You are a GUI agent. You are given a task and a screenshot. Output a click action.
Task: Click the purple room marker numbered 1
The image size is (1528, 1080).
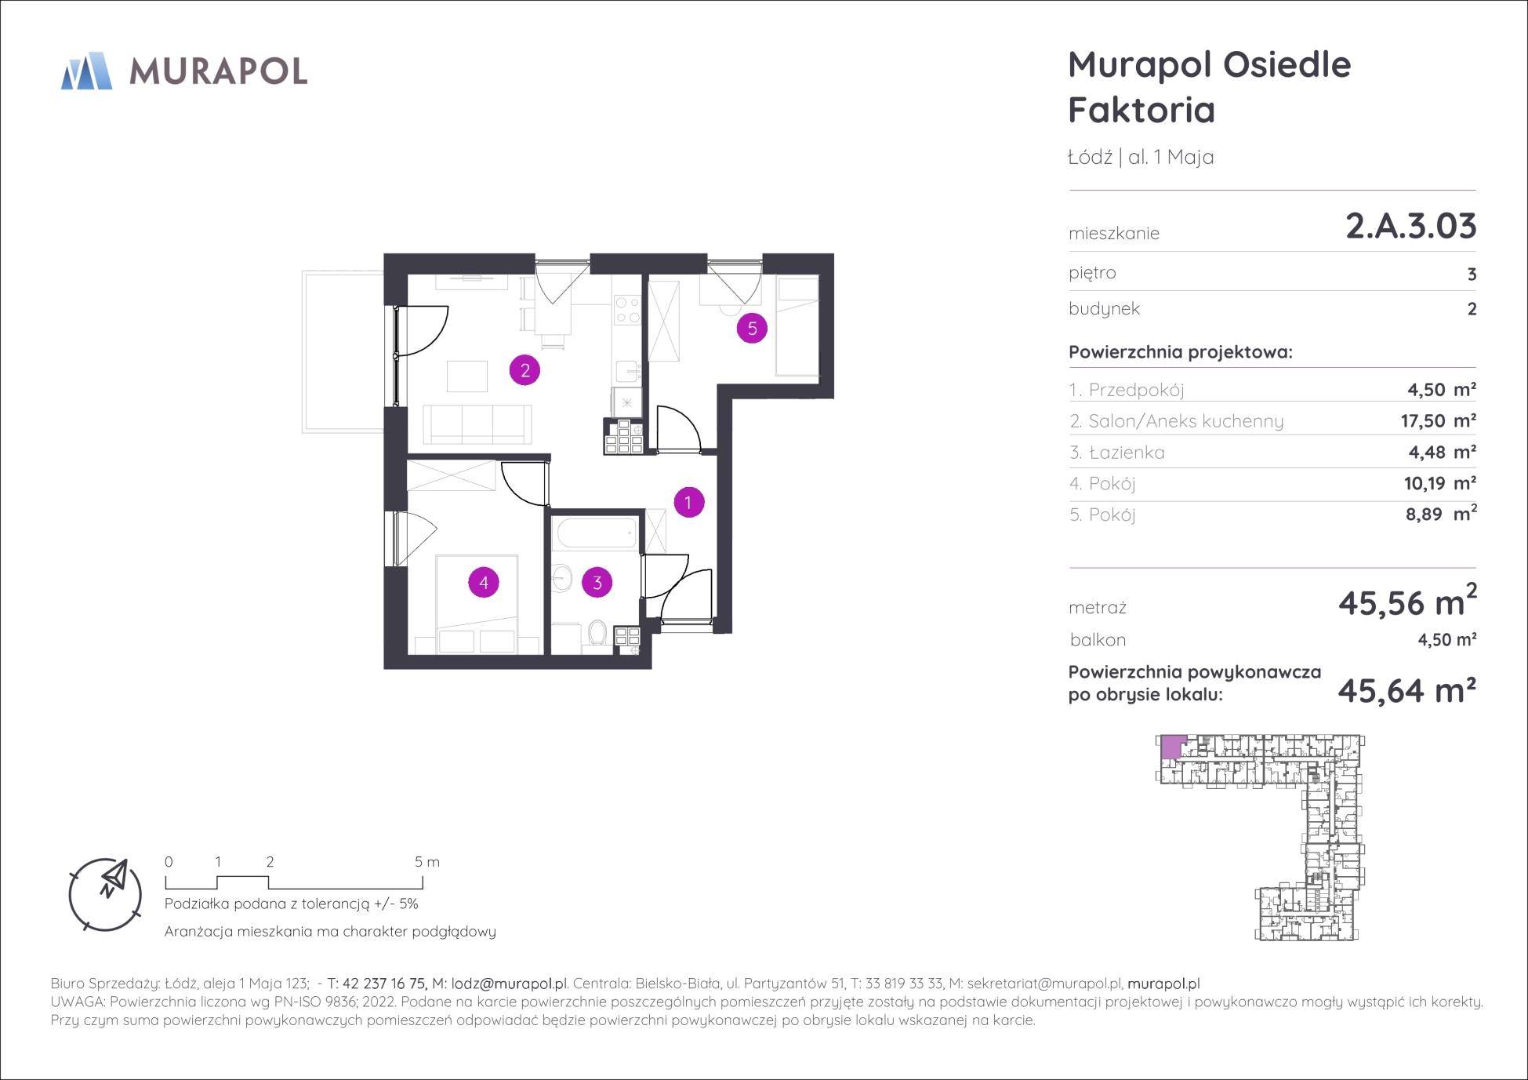tap(688, 502)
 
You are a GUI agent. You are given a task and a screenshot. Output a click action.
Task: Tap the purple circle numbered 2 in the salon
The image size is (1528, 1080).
tap(524, 370)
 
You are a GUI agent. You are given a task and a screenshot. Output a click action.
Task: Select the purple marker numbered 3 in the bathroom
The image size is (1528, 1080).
tap(597, 583)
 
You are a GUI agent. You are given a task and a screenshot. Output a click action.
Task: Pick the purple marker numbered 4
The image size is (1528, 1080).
tap(483, 583)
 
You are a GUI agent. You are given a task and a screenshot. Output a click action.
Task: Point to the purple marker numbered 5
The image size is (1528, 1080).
tap(752, 328)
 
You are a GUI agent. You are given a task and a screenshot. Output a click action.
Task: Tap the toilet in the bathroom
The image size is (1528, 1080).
tap(597, 634)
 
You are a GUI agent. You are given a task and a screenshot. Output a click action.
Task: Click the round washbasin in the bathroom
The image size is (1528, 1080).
tap(562, 578)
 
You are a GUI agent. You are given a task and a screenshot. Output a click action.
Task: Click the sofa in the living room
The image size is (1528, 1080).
tap(477, 424)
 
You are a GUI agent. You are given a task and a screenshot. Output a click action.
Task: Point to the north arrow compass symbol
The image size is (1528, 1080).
tap(106, 893)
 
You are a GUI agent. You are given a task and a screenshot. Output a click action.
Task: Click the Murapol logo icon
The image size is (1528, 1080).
tap(86, 71)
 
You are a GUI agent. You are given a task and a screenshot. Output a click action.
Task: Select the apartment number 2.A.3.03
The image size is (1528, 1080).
tap(1410, 226)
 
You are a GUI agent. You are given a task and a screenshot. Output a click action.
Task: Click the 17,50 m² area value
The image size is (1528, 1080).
tap(1438, 421)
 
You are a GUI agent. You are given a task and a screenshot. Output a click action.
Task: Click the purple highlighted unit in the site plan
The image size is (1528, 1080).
tap(1170, 747)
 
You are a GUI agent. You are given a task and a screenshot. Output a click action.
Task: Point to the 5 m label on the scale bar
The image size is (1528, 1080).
tap(427, 862)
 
